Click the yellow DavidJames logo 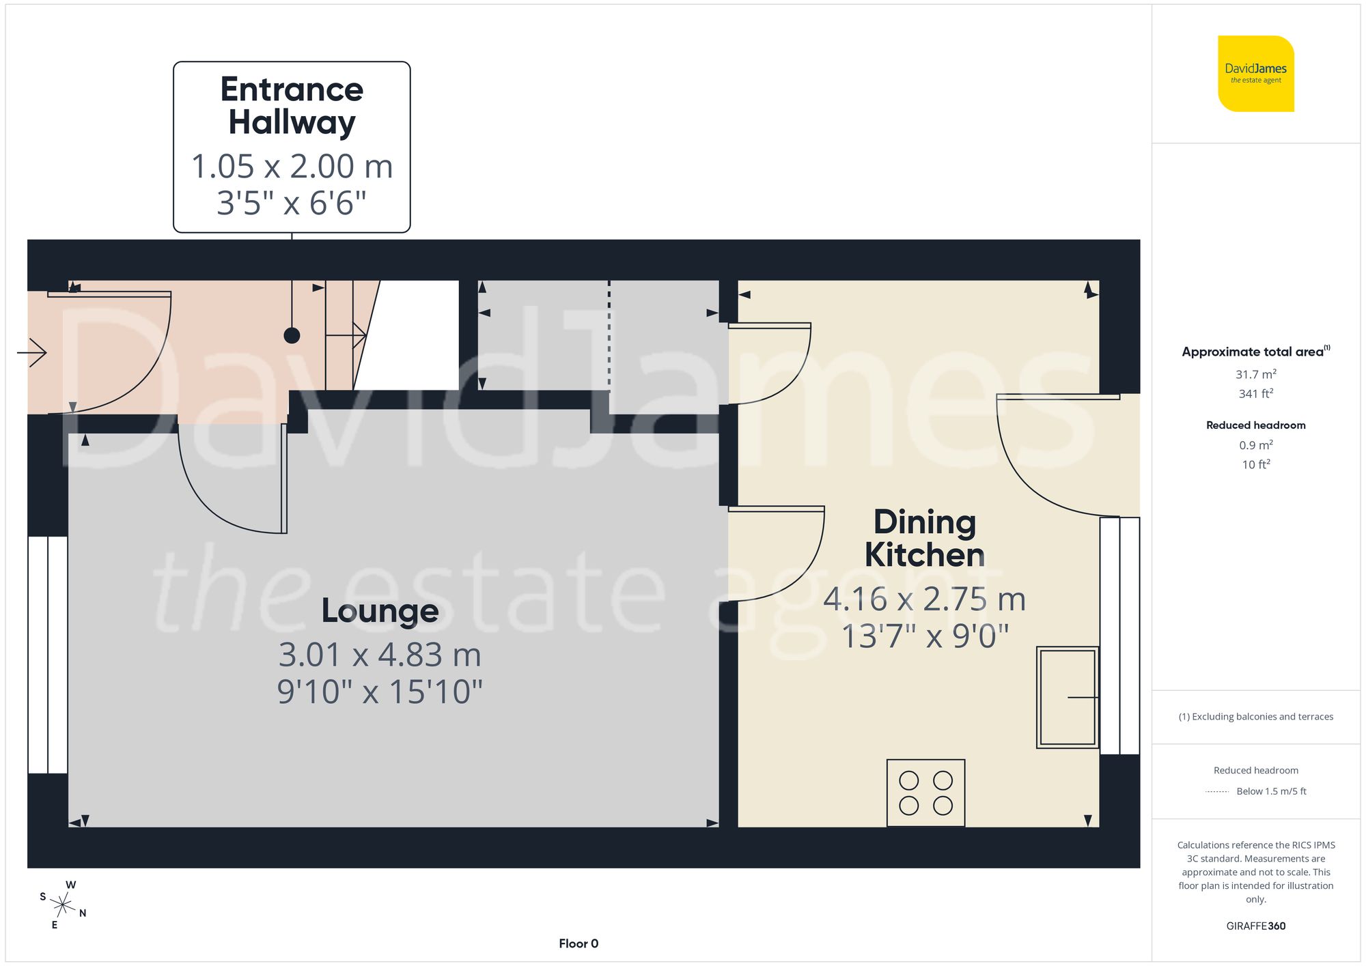1255,74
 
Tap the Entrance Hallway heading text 292,106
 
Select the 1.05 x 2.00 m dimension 292,167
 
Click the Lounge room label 380,610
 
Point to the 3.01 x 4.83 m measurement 380,655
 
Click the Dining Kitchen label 925,539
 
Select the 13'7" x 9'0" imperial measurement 925,636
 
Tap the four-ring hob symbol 925,793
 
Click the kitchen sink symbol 1068,697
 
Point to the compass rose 63,905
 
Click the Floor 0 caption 579,943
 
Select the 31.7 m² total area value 1255,374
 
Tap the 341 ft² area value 1255,394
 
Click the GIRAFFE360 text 1255,926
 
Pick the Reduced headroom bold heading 1255,425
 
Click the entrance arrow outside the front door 32,352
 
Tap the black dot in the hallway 292,335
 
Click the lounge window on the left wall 48,655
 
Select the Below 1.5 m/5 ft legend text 1270,791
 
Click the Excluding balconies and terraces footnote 1255,716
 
